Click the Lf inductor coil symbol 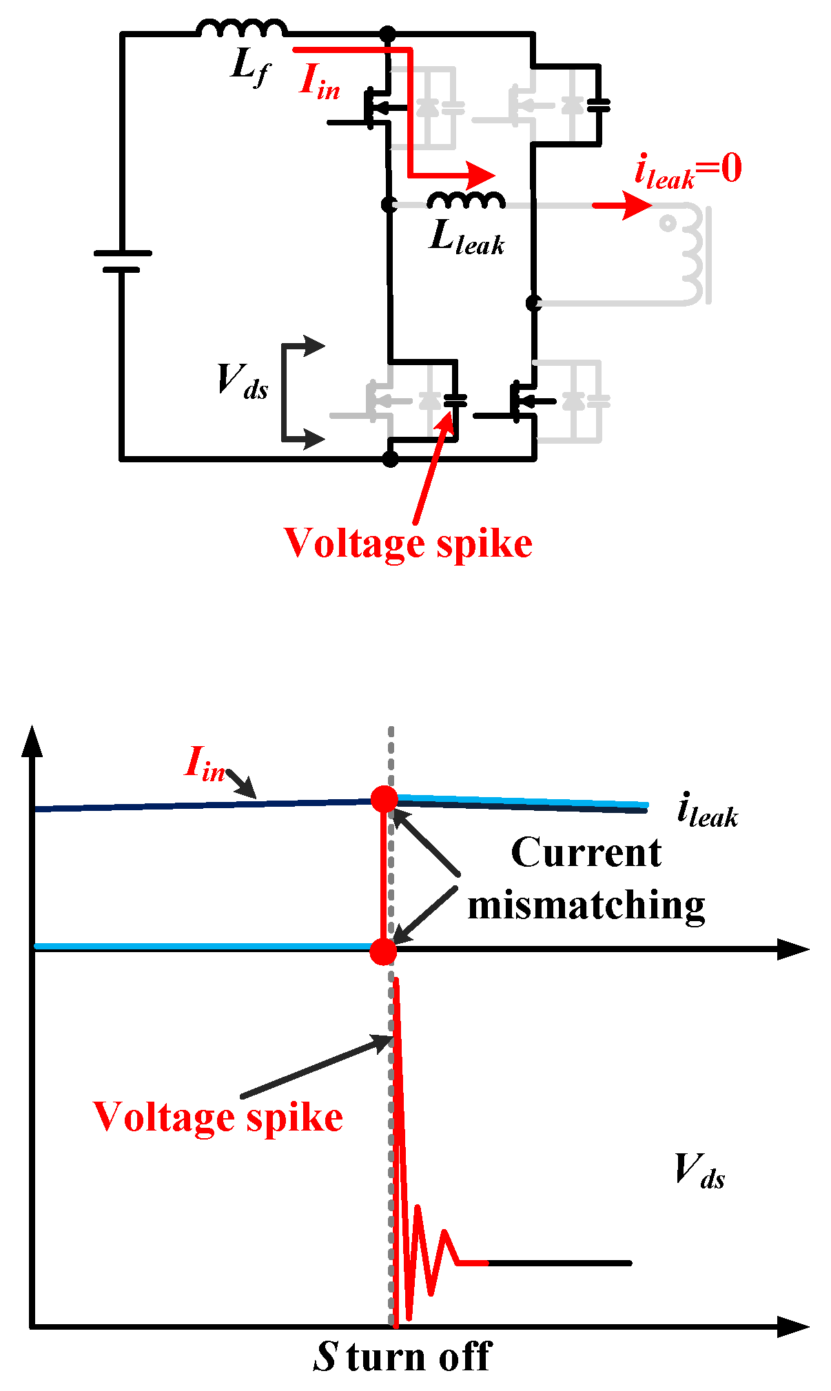(x=241, y=28)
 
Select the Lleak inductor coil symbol (x=466, y=200)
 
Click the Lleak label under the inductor (x=466, y=239)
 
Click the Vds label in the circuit (x=242, y=382)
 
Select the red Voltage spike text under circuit (x=408, y=544)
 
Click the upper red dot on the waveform (x=384, y=799)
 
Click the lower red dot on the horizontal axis (x=383, y=951)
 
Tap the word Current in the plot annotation (x=586, y=853)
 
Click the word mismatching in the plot (x=586, y=905)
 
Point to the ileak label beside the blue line (x=707, y=811)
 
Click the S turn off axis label (x=402, y=1357)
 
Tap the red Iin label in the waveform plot (x=205, y=764)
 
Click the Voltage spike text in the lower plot (x=218, y=1117)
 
